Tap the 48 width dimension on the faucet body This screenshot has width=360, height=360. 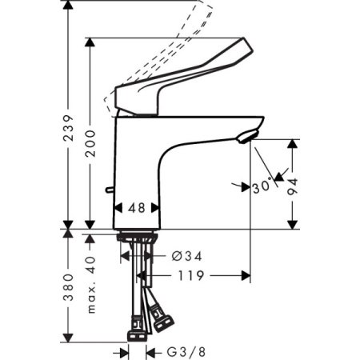pos(136,207)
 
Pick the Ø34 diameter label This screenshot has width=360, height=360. pos(186,256)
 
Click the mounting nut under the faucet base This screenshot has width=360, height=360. pos(137,238)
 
